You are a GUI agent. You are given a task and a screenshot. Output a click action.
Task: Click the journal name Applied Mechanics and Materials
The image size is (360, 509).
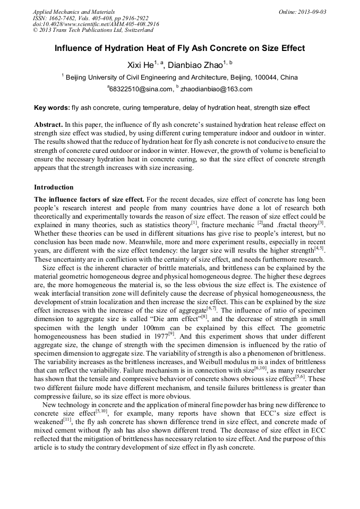pyautogui.click(x=74, y=12)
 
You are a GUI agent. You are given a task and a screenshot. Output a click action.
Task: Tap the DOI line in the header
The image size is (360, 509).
pyautogui.click(x=96, y=24)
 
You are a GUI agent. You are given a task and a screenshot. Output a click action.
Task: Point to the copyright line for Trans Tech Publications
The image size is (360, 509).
pyautogui.click(x=94, y=30)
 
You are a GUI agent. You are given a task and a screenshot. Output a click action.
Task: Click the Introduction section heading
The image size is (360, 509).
pyautogui.click(x=54, y=187)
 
